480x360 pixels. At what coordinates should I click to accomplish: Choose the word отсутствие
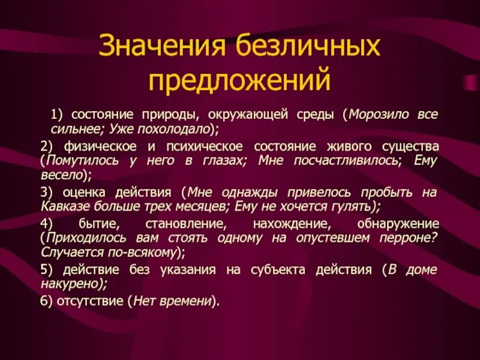point(90,302)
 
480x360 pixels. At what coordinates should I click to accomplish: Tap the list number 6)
point(47,302)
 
